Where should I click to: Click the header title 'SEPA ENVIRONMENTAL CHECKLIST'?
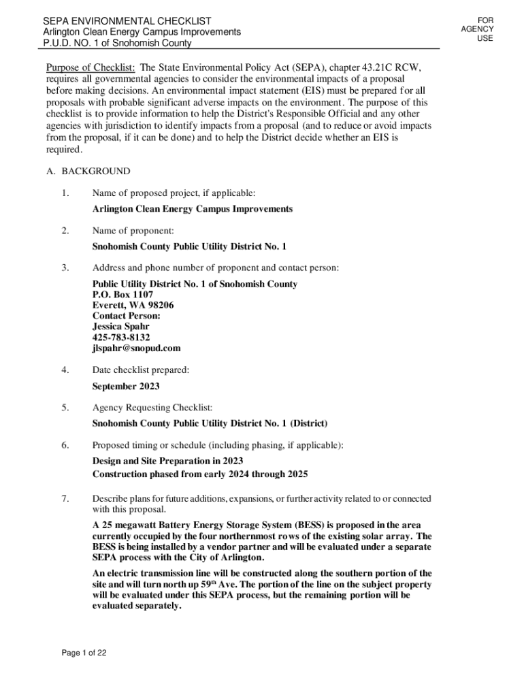(x=127, y=21)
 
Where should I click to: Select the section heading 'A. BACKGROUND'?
(x=88, y=171)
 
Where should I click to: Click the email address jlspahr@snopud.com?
(x=136, y=348)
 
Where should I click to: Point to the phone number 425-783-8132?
(x=121, y=337)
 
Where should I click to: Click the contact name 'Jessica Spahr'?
(x=120, y=326)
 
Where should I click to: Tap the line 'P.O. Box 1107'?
(x=122, y=295)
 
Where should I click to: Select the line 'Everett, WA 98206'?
(x=133, y=306)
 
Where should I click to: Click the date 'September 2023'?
(x=126, y=386)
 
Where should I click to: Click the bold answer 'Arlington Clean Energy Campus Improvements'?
(x=193, y=209)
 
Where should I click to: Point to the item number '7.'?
(x=65, y=499)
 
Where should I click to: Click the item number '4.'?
(x=65, y=370)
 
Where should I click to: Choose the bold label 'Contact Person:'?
(x=126, y=316)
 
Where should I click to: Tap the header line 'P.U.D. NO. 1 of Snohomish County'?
(x=118, y=43)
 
